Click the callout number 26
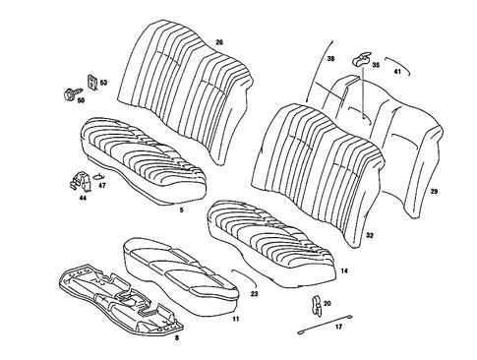point(219,41)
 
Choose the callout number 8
point(176,337)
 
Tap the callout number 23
point(255,294)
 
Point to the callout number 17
point(338,326)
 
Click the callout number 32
point(369,236)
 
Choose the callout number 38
point(330,59)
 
